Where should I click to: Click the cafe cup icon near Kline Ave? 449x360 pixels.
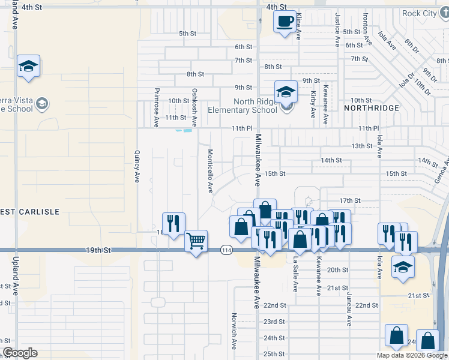(285, 22)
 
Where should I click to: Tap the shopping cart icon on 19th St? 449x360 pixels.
(196, 241)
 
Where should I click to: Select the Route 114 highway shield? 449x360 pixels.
(226, 250)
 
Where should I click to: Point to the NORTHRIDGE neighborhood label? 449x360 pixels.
(372, 108)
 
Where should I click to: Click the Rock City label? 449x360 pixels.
(420, 13)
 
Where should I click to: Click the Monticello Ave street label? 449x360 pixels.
(210, 171)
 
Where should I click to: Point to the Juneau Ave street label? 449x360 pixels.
(349, 310)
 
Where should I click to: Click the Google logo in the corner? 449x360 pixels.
(20, 353)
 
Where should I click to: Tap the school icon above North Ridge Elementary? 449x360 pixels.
(286, 92)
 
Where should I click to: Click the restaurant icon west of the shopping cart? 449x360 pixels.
(173, 223)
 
